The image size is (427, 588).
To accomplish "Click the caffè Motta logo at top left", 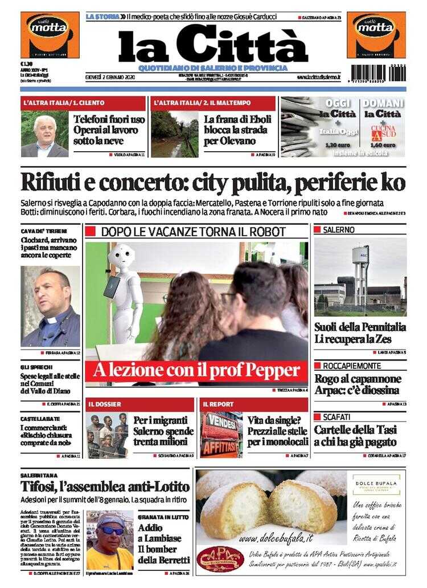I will (x=50, y=35).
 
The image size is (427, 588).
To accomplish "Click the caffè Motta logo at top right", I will (x=376, y=35).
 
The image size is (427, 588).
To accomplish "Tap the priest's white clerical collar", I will (x=52, y=321).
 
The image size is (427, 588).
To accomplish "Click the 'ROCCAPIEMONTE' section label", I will (x=352, y=365).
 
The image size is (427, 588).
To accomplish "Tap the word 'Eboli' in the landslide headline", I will (x=258, y=120).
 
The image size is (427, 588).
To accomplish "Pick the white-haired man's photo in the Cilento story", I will (x=44, y=135).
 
